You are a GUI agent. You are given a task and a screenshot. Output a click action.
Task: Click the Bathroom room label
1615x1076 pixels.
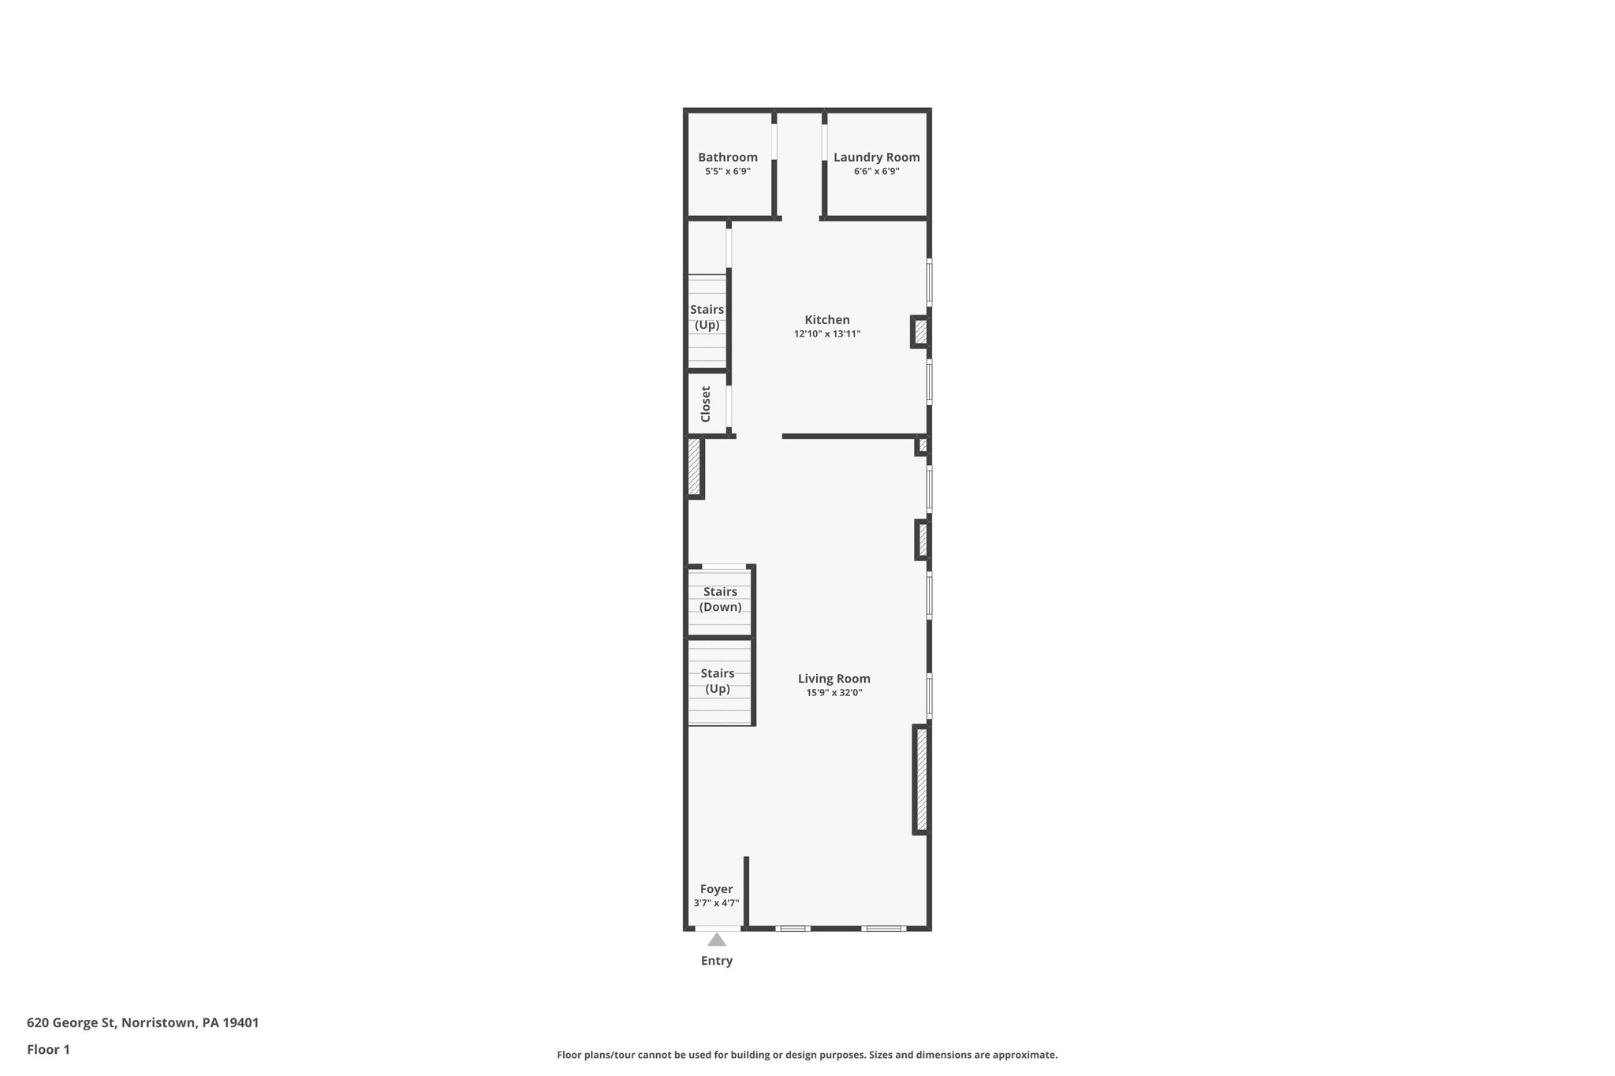point(727,158)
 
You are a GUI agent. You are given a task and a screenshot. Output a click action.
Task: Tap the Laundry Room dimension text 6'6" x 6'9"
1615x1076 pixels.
point(876,171)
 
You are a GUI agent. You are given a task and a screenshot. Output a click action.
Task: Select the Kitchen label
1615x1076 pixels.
point(826,320)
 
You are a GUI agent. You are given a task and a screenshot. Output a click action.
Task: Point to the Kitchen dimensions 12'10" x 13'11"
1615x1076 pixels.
point(826,334)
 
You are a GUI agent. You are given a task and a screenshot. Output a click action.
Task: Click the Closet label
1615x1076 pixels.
point(706,404)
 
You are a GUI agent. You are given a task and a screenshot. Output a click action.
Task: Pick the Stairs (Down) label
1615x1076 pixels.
point(720,599)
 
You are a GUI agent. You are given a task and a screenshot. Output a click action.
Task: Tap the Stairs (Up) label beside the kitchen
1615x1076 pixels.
point(707,317)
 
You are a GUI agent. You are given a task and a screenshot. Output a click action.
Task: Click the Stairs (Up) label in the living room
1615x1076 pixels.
point(718,681)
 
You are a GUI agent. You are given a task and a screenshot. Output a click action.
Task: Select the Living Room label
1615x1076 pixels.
point(834,679)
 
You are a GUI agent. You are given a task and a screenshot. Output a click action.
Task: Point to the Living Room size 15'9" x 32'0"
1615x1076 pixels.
point(834,693)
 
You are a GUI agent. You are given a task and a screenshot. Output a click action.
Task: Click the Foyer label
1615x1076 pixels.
point(716,889)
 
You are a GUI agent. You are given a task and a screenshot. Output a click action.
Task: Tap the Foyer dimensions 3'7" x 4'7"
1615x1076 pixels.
point(716,903)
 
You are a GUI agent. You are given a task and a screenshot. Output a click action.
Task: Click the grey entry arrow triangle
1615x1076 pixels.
point(716,940)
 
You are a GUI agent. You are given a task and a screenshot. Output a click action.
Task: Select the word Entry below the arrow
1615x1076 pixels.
point(716,961)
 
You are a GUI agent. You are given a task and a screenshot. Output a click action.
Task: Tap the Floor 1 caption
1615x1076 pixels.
point(48,1050)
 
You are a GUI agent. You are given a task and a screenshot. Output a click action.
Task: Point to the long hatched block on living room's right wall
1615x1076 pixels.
point(921,780)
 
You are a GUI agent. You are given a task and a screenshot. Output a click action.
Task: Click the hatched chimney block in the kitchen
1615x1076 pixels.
point(920,332)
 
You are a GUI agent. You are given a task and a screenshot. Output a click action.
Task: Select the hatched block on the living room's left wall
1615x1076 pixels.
point(694,467)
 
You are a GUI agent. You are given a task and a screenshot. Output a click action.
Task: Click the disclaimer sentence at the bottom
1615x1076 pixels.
point(807,1055)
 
